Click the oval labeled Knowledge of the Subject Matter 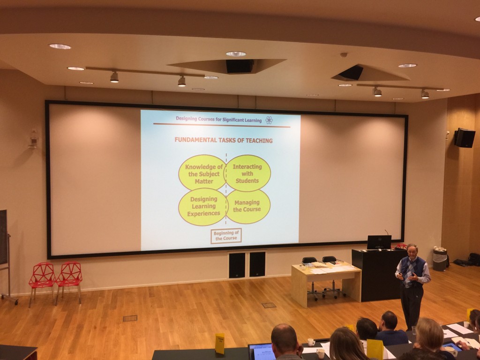[202, 172]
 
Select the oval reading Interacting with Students [247, 173]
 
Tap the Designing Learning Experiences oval [203, 207]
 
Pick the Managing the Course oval [247, 206]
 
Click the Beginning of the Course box [226, 236]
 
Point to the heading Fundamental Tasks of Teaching [224, 140]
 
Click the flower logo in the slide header [269, 120]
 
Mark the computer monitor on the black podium [379, 242]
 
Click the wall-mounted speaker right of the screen [465, 138]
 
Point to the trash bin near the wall [440, 260]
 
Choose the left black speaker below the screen [237, 265]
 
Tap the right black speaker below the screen [257, 264]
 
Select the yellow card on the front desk [219, 344]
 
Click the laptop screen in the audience [262, 352]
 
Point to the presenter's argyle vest [412, 271]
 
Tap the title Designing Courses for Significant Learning [218, 120]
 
